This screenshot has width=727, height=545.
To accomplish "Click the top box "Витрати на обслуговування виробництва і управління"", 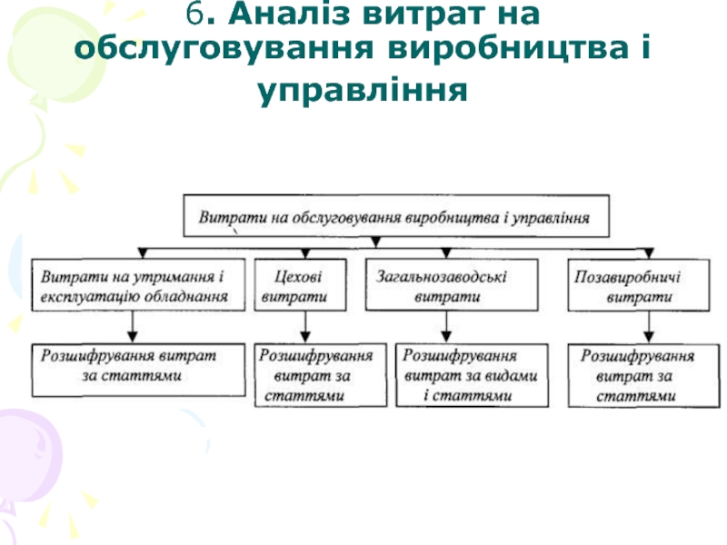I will pos(395,218).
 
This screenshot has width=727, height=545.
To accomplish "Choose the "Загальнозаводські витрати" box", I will pos(445,284).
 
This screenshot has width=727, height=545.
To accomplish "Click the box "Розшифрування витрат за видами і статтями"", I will pos(472,374).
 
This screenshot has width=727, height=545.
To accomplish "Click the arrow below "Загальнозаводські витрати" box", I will pos(446,325).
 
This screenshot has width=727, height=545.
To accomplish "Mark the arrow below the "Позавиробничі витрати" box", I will pos(647,325).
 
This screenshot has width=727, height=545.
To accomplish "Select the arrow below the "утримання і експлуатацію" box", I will pos(134,325).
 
